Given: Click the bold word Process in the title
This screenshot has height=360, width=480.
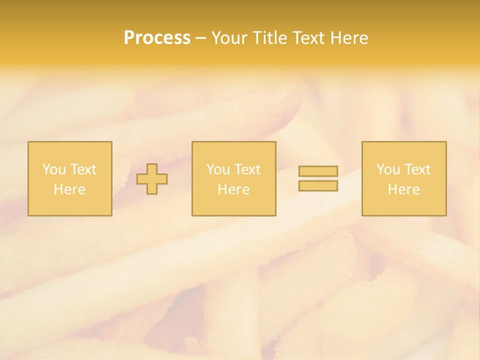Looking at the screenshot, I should pyautogui.click(x=157, y=38).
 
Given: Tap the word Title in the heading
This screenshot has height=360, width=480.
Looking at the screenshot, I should pyautogui.click(x=269, y=38).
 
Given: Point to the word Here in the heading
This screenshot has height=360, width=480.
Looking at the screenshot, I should pyautogui.click(x=349, y=38).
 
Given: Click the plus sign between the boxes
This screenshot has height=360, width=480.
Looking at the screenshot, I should pyautogui.click(x=152, y=179).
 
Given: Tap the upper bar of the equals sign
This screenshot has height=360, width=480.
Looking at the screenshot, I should pyautogui.click(x=318, y=171).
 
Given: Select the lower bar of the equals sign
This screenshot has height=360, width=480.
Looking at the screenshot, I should pyautogui.click(x=318, y=185).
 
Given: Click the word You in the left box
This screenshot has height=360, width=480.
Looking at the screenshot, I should pyautogui.click(x=54, y=169).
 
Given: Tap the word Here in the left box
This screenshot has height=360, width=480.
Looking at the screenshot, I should pyautogui.click(x=69, y=189).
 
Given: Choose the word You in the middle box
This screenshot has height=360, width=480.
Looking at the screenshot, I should pyautogui.click(x=218, y=169).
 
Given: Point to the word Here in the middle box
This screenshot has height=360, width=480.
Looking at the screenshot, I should pyautogui.click(x=233, y=189).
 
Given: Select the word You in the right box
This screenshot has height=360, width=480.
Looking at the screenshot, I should pyautogui.click(x=388, y=169).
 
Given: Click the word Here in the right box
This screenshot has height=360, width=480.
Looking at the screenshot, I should pyautogui.click(x=403, y=189).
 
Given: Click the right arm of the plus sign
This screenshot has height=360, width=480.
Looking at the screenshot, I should pyautogui.click(x=162, y=179).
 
